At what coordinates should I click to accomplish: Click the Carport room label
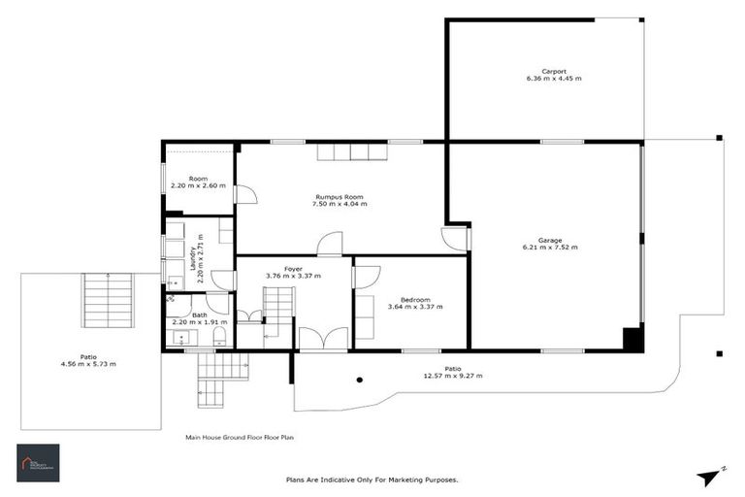[554, 70]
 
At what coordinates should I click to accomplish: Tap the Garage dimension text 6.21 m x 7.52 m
[550, 248]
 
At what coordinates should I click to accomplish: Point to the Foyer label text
[293, 268]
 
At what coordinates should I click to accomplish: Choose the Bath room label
[199, 315]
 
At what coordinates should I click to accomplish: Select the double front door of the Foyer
[322, 339]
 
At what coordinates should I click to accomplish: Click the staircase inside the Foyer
[277, 310]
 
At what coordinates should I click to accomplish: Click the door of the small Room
[245, 194]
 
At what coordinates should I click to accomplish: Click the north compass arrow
[710, 476]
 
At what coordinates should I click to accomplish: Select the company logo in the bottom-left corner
[38, 463]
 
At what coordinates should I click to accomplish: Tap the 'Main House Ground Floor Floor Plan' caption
[239, 438]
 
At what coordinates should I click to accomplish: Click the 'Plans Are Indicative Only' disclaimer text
[372, 480]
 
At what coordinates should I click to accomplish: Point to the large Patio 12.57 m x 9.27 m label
[453, 372]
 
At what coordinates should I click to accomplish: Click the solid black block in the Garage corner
[632, 340]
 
